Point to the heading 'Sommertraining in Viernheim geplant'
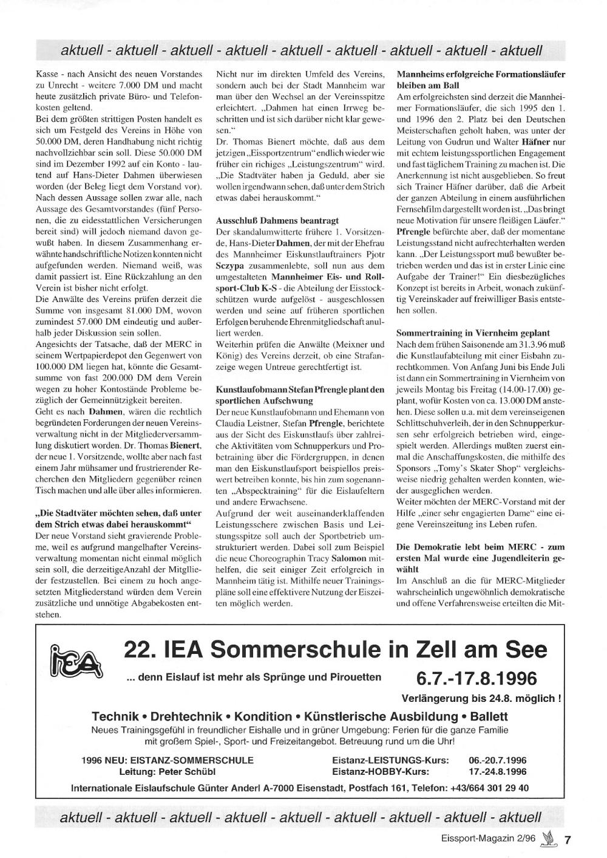pyautogui.click(x=473, y=333)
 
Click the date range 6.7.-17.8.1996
pyautogui.click(x=476, y=678)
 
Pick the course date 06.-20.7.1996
pyautogui.click(x=498, y=760)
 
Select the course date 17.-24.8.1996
pyautogui.click(x=498, y=772)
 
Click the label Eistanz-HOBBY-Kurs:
pyautogui.click(x=381, y=772)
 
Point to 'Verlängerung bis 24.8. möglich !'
pyautogui.click(x=481, y=698)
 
